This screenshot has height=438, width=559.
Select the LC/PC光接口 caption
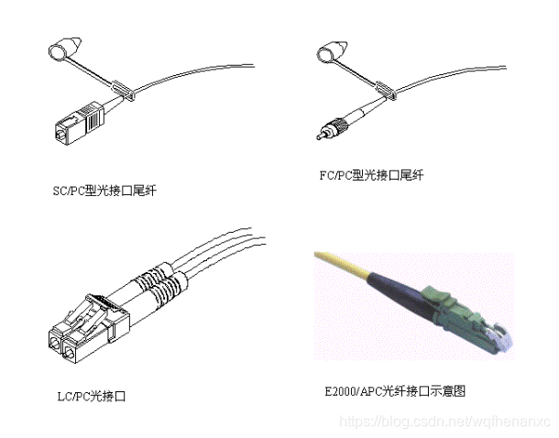(x=90, y=397)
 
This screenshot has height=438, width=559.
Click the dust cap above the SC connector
(x=61, y=49)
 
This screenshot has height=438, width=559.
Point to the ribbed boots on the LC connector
(x=156, y=284)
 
